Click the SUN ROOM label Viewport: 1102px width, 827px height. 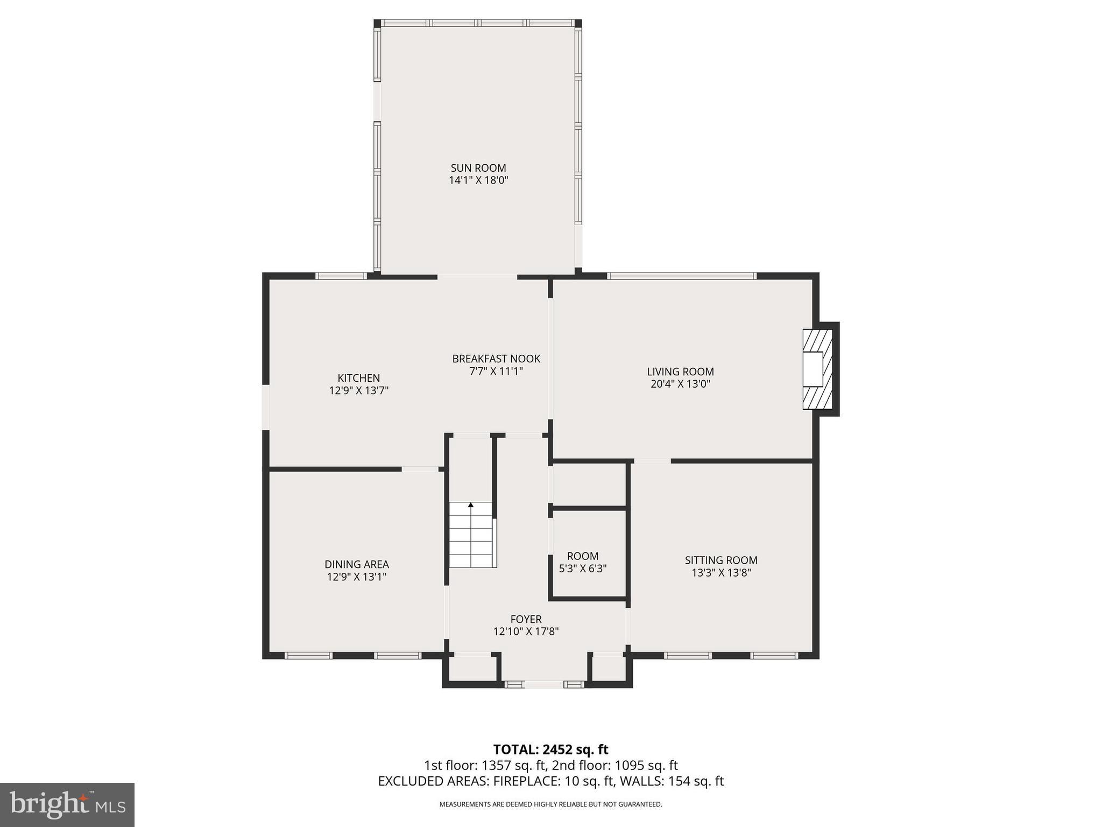point(478,168)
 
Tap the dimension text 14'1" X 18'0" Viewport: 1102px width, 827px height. point(478,180)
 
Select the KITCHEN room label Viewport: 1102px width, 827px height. point(358,378)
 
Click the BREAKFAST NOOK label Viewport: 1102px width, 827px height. point(496,359)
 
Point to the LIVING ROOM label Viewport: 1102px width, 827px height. point(680,372)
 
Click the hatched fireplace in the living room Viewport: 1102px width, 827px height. point(817,369)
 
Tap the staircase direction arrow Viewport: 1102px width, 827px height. point(471,505)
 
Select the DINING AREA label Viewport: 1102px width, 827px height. point(356,564)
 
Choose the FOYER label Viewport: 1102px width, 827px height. point(526,619)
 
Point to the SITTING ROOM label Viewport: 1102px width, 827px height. point(721,560)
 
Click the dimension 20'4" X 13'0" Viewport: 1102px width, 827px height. point(680,384)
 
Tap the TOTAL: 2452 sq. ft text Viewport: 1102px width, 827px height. point(550,749)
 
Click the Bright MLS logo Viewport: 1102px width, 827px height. point(67,804)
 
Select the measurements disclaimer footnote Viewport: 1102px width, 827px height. point(550,804)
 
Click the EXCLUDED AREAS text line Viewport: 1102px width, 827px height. point(550,781)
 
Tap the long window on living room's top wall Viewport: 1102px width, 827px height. point(682,276)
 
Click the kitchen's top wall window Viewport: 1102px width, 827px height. point(341,276)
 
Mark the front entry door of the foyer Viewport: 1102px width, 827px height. point(544,684)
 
